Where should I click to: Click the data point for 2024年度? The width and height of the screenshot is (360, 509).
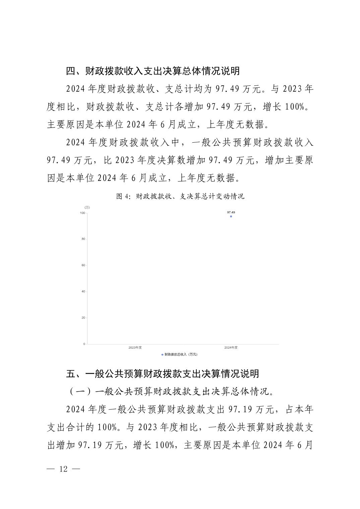click(231, 216)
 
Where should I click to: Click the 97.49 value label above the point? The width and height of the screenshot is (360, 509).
click(231, 212)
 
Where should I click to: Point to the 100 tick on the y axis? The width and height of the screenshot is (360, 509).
click(82, 213)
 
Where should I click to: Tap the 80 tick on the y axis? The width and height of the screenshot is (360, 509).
click(83, 239)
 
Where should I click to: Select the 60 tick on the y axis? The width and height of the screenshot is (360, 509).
click(83, 265)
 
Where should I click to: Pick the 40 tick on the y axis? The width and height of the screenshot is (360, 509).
click(83, 291)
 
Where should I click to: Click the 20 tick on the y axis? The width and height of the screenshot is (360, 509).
click(83, 318)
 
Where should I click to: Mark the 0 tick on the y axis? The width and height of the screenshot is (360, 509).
click(84, 344)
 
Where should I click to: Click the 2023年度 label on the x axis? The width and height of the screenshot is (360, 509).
click(135, 348)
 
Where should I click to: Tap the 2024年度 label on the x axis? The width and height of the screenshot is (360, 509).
click(231, 348)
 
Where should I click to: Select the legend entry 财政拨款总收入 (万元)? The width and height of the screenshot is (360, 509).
click(181, 354)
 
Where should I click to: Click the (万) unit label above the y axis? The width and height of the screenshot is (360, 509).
click(87, 208)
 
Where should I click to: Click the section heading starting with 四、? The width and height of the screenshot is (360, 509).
click(153, 71)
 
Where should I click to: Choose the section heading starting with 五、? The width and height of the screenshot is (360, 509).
click(162, 374)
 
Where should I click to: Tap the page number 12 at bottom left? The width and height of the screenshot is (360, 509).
click(64, 469)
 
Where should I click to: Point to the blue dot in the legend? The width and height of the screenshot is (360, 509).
click(163, 354)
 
